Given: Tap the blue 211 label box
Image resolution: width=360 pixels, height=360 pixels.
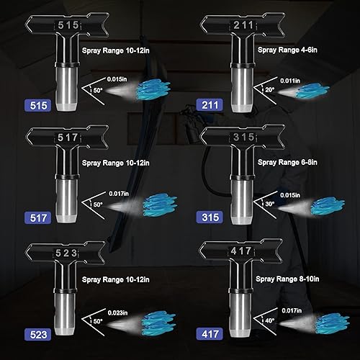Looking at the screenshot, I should click(x=209, y=104).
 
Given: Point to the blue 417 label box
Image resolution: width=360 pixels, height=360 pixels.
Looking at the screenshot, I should click(x=209, y=335).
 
